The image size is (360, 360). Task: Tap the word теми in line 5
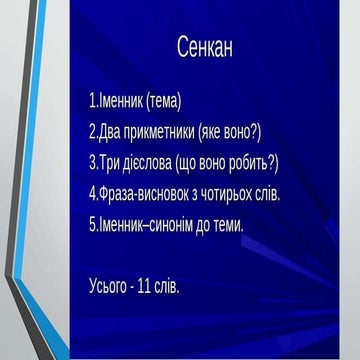pyautogui.click(x=228, y=224)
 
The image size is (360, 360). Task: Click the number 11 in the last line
pyautogui.click(x=149, y=289)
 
